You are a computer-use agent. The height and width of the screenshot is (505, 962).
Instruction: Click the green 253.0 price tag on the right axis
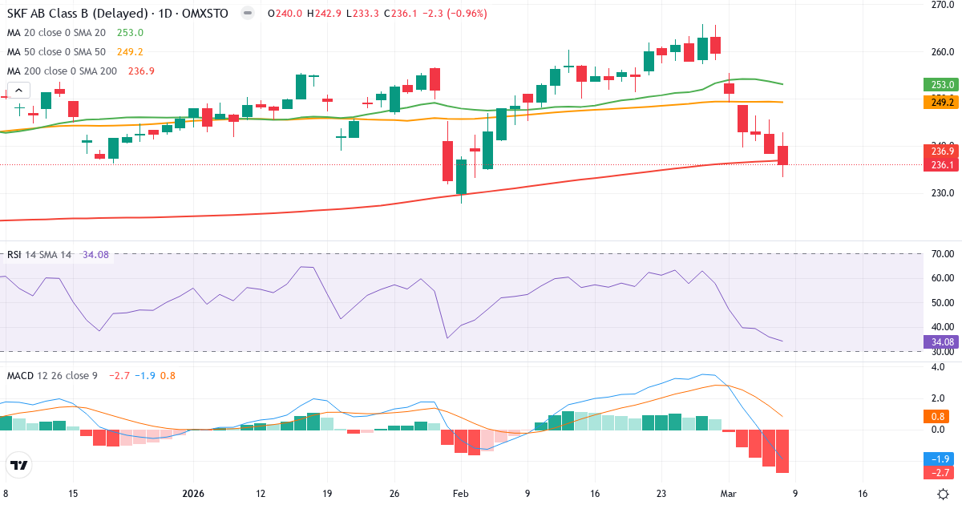click(x=941, y=84)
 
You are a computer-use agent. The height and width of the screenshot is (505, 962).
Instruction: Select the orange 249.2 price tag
click(x=941, y=102)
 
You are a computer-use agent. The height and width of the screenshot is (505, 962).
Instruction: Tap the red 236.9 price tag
click(x=941, y=151)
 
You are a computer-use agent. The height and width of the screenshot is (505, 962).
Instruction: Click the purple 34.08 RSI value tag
click(x=941, y=341)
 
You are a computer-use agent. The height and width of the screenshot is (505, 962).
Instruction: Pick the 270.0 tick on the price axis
click(x=941, y=5)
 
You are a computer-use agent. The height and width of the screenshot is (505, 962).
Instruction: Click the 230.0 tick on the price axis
click(x=941, y=193)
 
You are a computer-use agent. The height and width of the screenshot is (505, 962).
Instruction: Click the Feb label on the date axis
click(x=461, y=494)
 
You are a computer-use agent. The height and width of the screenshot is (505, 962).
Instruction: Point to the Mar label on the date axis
click(x=728, y=494)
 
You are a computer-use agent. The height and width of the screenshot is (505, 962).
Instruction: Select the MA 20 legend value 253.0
click(x=130, y=32)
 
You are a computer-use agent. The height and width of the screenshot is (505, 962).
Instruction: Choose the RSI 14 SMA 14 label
click(x=39, y=255)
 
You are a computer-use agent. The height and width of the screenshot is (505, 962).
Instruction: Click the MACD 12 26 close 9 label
click(x=52, y=375)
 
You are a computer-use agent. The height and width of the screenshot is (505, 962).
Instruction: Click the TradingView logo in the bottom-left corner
click(x=19, y=465)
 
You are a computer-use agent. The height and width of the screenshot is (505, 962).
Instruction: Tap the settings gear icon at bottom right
click(x=944, y=494)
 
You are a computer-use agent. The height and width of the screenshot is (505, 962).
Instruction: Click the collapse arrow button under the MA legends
click(x=18, y=91)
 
